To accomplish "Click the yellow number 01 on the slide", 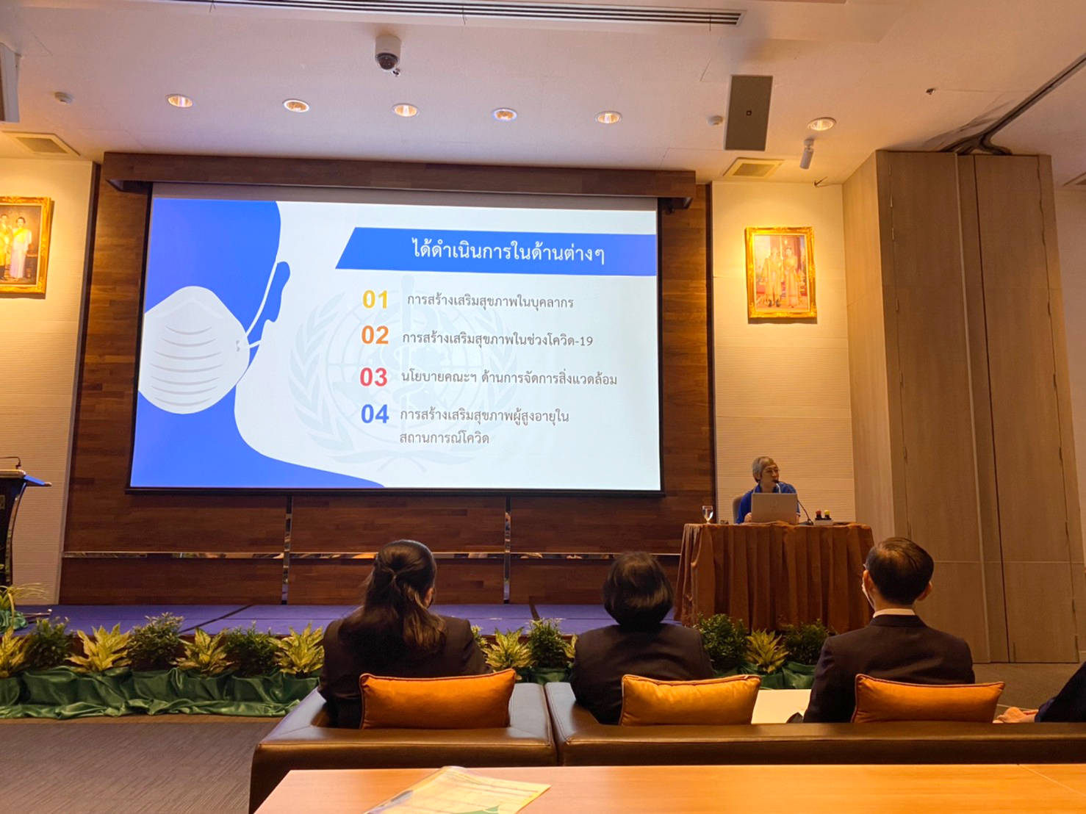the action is point(375,300).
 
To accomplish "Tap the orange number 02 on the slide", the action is point(375,335).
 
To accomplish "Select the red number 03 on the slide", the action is point(373,378).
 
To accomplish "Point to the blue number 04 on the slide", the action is point(375,414).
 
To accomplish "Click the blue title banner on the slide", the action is point(496,251).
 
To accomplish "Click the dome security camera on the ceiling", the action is point(387,54).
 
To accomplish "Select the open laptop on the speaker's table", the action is point(774,508).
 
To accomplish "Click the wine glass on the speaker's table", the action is point(708,514).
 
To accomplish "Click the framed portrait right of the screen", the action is point(781,273).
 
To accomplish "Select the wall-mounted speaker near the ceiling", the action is point(749,112).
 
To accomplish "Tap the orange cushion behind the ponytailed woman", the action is point(437,698).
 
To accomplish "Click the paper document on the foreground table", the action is point(458,790).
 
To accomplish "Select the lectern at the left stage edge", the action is point(18,525).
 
